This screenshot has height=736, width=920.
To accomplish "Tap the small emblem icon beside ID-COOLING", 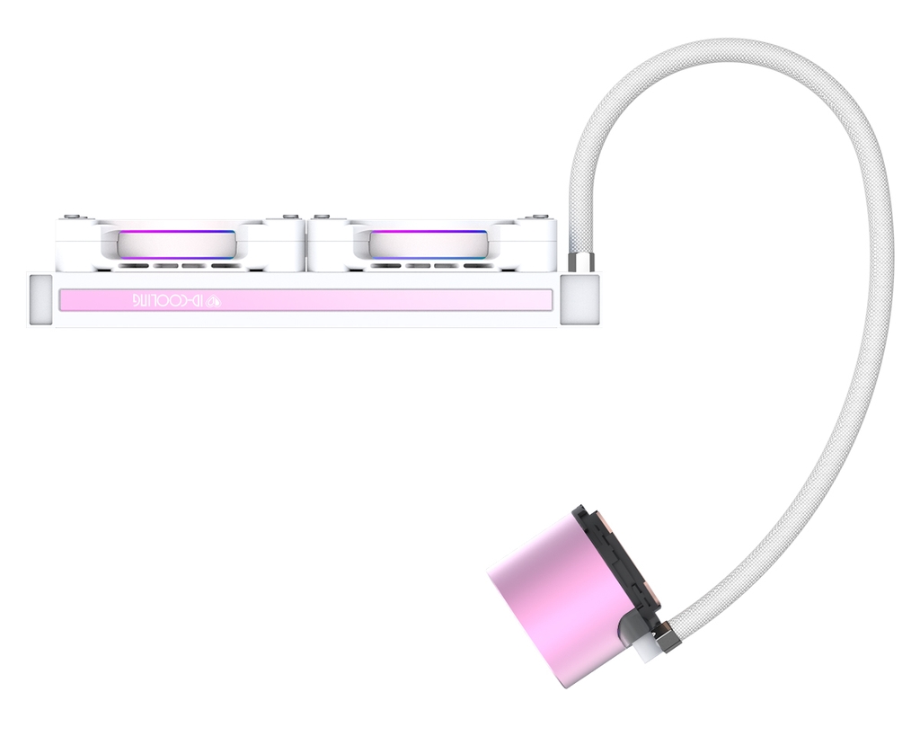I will click(x=215, y=300).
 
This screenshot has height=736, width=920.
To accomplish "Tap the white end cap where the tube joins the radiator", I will click(x=579, y=299).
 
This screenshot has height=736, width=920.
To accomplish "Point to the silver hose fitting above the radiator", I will click(x=581, y=263).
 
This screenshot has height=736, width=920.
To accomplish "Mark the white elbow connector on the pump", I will click(x=645, y=645).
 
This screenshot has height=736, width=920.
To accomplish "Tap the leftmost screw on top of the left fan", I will click(x=71, y=217).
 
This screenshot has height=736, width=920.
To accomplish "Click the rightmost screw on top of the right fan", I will click(x=540, y=217).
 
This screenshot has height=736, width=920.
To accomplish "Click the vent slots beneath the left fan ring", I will click(x=178, y=266).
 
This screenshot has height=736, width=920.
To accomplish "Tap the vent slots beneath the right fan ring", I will click(x=429, y=266).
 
